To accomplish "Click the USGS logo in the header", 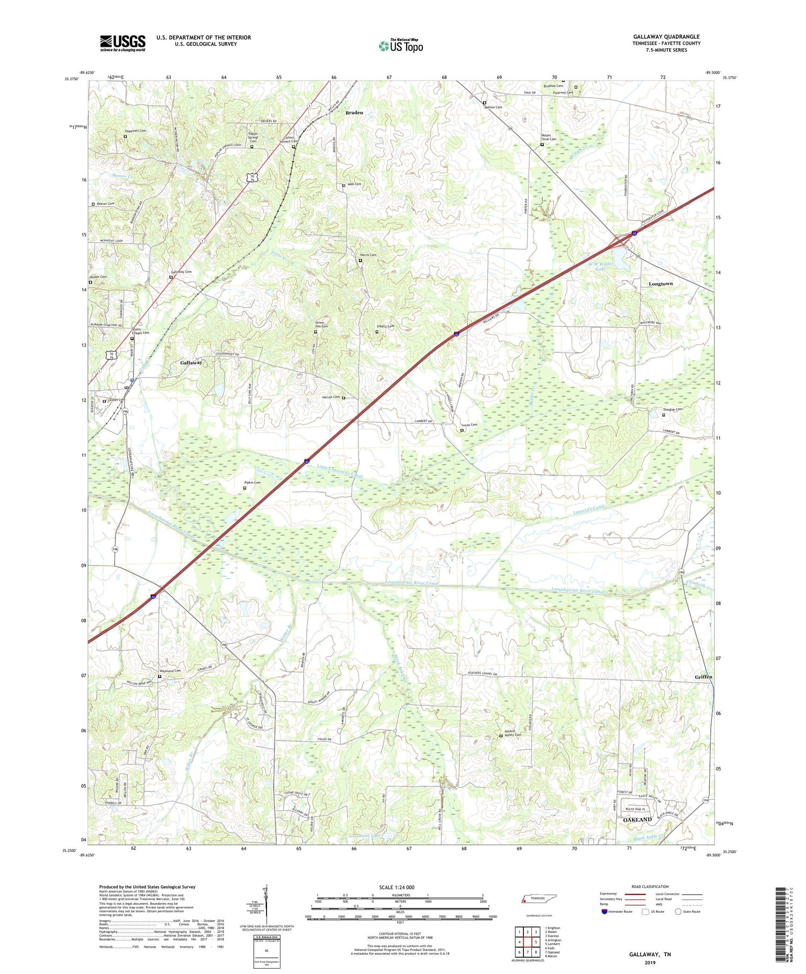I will [123, 43].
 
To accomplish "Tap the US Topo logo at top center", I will [400, 46].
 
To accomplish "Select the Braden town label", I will [354, 113].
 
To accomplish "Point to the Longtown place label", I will [660, 284].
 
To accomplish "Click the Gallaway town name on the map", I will [191, 363].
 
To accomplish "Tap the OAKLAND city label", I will [637, 820].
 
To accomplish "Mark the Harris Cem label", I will [368, 255].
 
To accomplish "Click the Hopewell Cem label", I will [135, 131].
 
